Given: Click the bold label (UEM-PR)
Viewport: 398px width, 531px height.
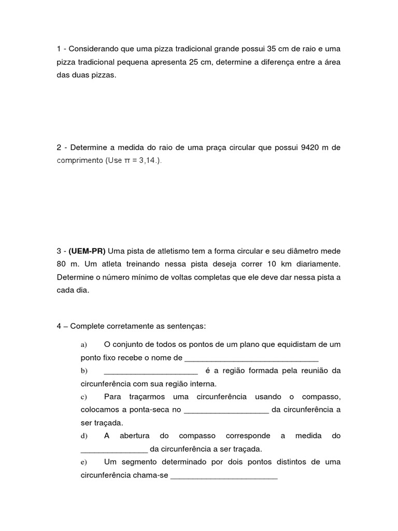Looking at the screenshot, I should [x=87, y=251].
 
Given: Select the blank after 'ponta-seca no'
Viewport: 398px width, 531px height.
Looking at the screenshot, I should [x=226, y=411].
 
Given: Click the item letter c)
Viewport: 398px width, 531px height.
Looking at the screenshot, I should [x=83, y=397].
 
